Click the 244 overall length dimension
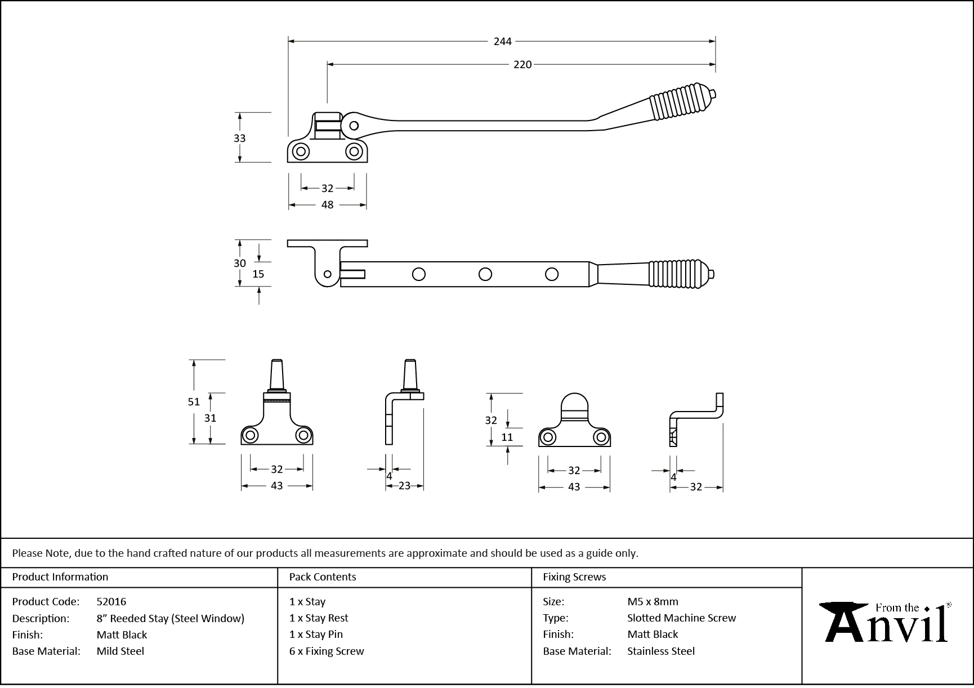[x=502, y=41]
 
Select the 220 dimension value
[x=522, y=65]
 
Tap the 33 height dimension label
[x=239, y=138]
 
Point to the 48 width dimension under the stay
[x=327, y=205]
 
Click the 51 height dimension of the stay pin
[x=194, y=401]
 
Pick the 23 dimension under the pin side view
[x=404, y=486]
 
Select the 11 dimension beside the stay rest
[x=507, y=437]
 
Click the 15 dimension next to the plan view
[x=258, y=274]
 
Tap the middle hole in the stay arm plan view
[x=485, y=274]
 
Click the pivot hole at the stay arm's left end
[x=354, y=126]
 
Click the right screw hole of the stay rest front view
[x=601, y=437]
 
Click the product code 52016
[x=111, y=601]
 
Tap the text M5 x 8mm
[x=653, y=601]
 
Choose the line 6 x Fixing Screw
[x=327, y=651]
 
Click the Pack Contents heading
[x=323, y=577]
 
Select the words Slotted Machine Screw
[x=681, y=618]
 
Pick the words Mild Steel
[x=120, y=651]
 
